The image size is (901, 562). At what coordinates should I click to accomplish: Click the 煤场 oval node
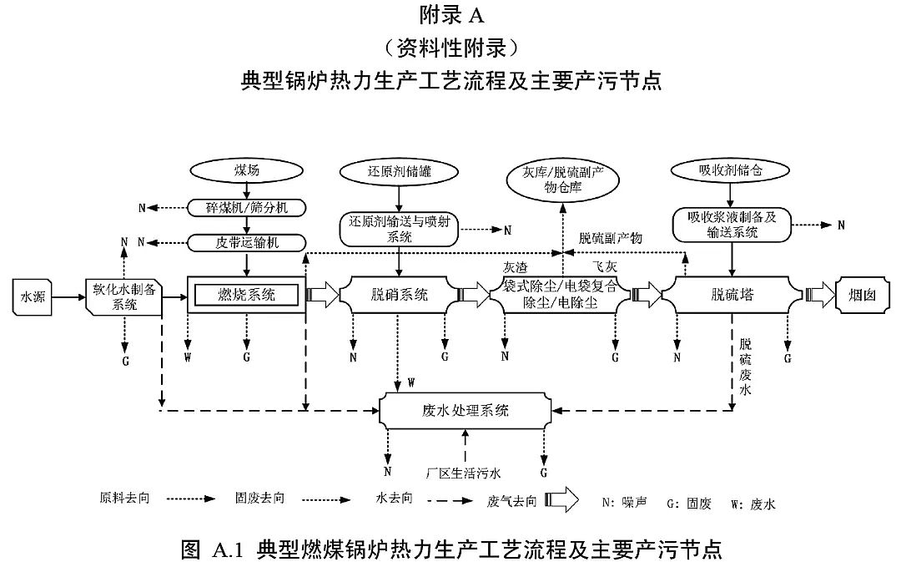[247, 170]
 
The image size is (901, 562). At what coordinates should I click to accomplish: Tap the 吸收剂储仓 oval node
[731, 170]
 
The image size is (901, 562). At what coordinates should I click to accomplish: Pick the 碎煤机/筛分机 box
[247, 207]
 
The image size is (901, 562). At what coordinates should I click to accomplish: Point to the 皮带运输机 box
[247, 242]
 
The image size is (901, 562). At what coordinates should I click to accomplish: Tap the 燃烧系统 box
[246, 294]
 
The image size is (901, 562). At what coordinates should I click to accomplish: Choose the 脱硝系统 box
[399, 294]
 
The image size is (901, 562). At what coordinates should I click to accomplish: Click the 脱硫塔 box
[731, 294]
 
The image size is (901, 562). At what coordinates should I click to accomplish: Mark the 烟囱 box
[865, 294]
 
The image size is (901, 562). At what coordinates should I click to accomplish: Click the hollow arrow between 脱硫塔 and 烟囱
[819, 294]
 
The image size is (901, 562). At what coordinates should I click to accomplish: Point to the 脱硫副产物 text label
[611, 238]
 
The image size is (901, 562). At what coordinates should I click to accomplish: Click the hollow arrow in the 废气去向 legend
[564, 501]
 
